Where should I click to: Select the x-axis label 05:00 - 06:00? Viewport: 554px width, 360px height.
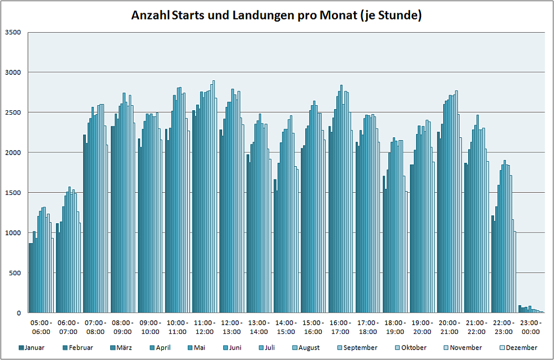tap(41, 327)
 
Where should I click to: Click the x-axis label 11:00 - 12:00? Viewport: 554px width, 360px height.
tap(204, 327)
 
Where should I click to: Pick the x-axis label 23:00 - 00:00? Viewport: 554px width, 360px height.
tap(531, 327)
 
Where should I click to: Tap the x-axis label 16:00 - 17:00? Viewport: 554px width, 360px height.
tap(341, 327)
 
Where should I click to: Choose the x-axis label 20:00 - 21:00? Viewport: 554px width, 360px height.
tap(449, 327)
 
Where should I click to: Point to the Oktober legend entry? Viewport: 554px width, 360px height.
tap(412, 348)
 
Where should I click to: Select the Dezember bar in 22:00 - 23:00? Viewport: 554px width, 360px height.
tap(515, 272)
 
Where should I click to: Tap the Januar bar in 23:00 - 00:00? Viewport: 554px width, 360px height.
tap(520, 310)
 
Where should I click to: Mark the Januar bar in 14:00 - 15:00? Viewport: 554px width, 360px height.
tap(275, 246)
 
